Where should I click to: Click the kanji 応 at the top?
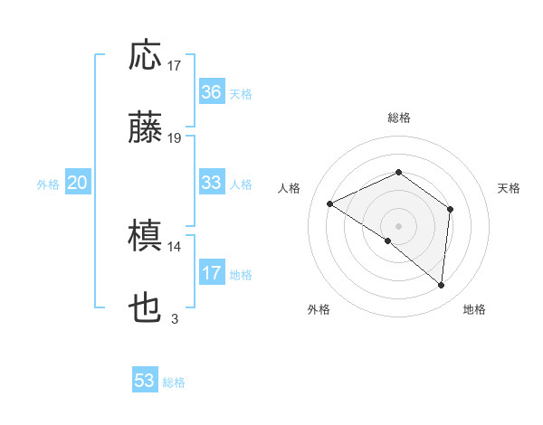tap(145, 55)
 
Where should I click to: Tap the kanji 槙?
tap(145, 238)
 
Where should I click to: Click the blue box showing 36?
tap(211, 92)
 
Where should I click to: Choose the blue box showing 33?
tap(211, 183)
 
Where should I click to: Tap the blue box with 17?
tap(211, 274)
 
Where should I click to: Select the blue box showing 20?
tap(78, 184)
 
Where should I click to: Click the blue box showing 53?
tap(145, 381)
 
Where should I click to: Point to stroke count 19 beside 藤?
tap(175, 138)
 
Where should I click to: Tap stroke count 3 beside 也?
tap(175, 318)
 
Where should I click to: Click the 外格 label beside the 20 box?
tap(48, 184)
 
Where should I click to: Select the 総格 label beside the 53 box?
tap(175, 382)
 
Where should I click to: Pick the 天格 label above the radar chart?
tap(510, 188)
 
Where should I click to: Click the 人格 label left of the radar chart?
tap(290, 188)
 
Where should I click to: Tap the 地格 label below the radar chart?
tap(474, 309)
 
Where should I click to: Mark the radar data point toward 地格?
tap(442, 286)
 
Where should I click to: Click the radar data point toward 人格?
tap(330, 204)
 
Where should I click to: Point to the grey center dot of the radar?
tap(398, 225)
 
